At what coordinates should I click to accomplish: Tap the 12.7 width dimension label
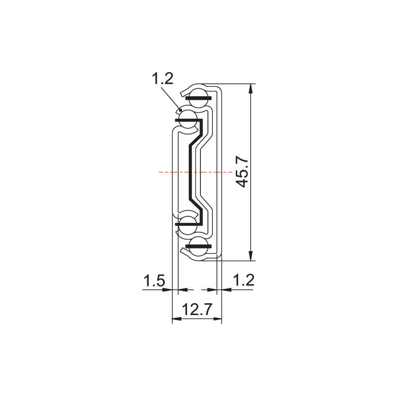pos(197,309)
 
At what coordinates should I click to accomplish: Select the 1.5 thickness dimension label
pos(154,281)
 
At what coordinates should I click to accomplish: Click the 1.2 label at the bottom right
pos(243,280)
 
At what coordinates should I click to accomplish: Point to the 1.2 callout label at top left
pos(163,79)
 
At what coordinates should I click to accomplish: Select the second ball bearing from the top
pos(188,119)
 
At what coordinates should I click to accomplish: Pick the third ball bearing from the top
pos(188,224)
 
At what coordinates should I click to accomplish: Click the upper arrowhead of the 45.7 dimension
pos(251,89)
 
